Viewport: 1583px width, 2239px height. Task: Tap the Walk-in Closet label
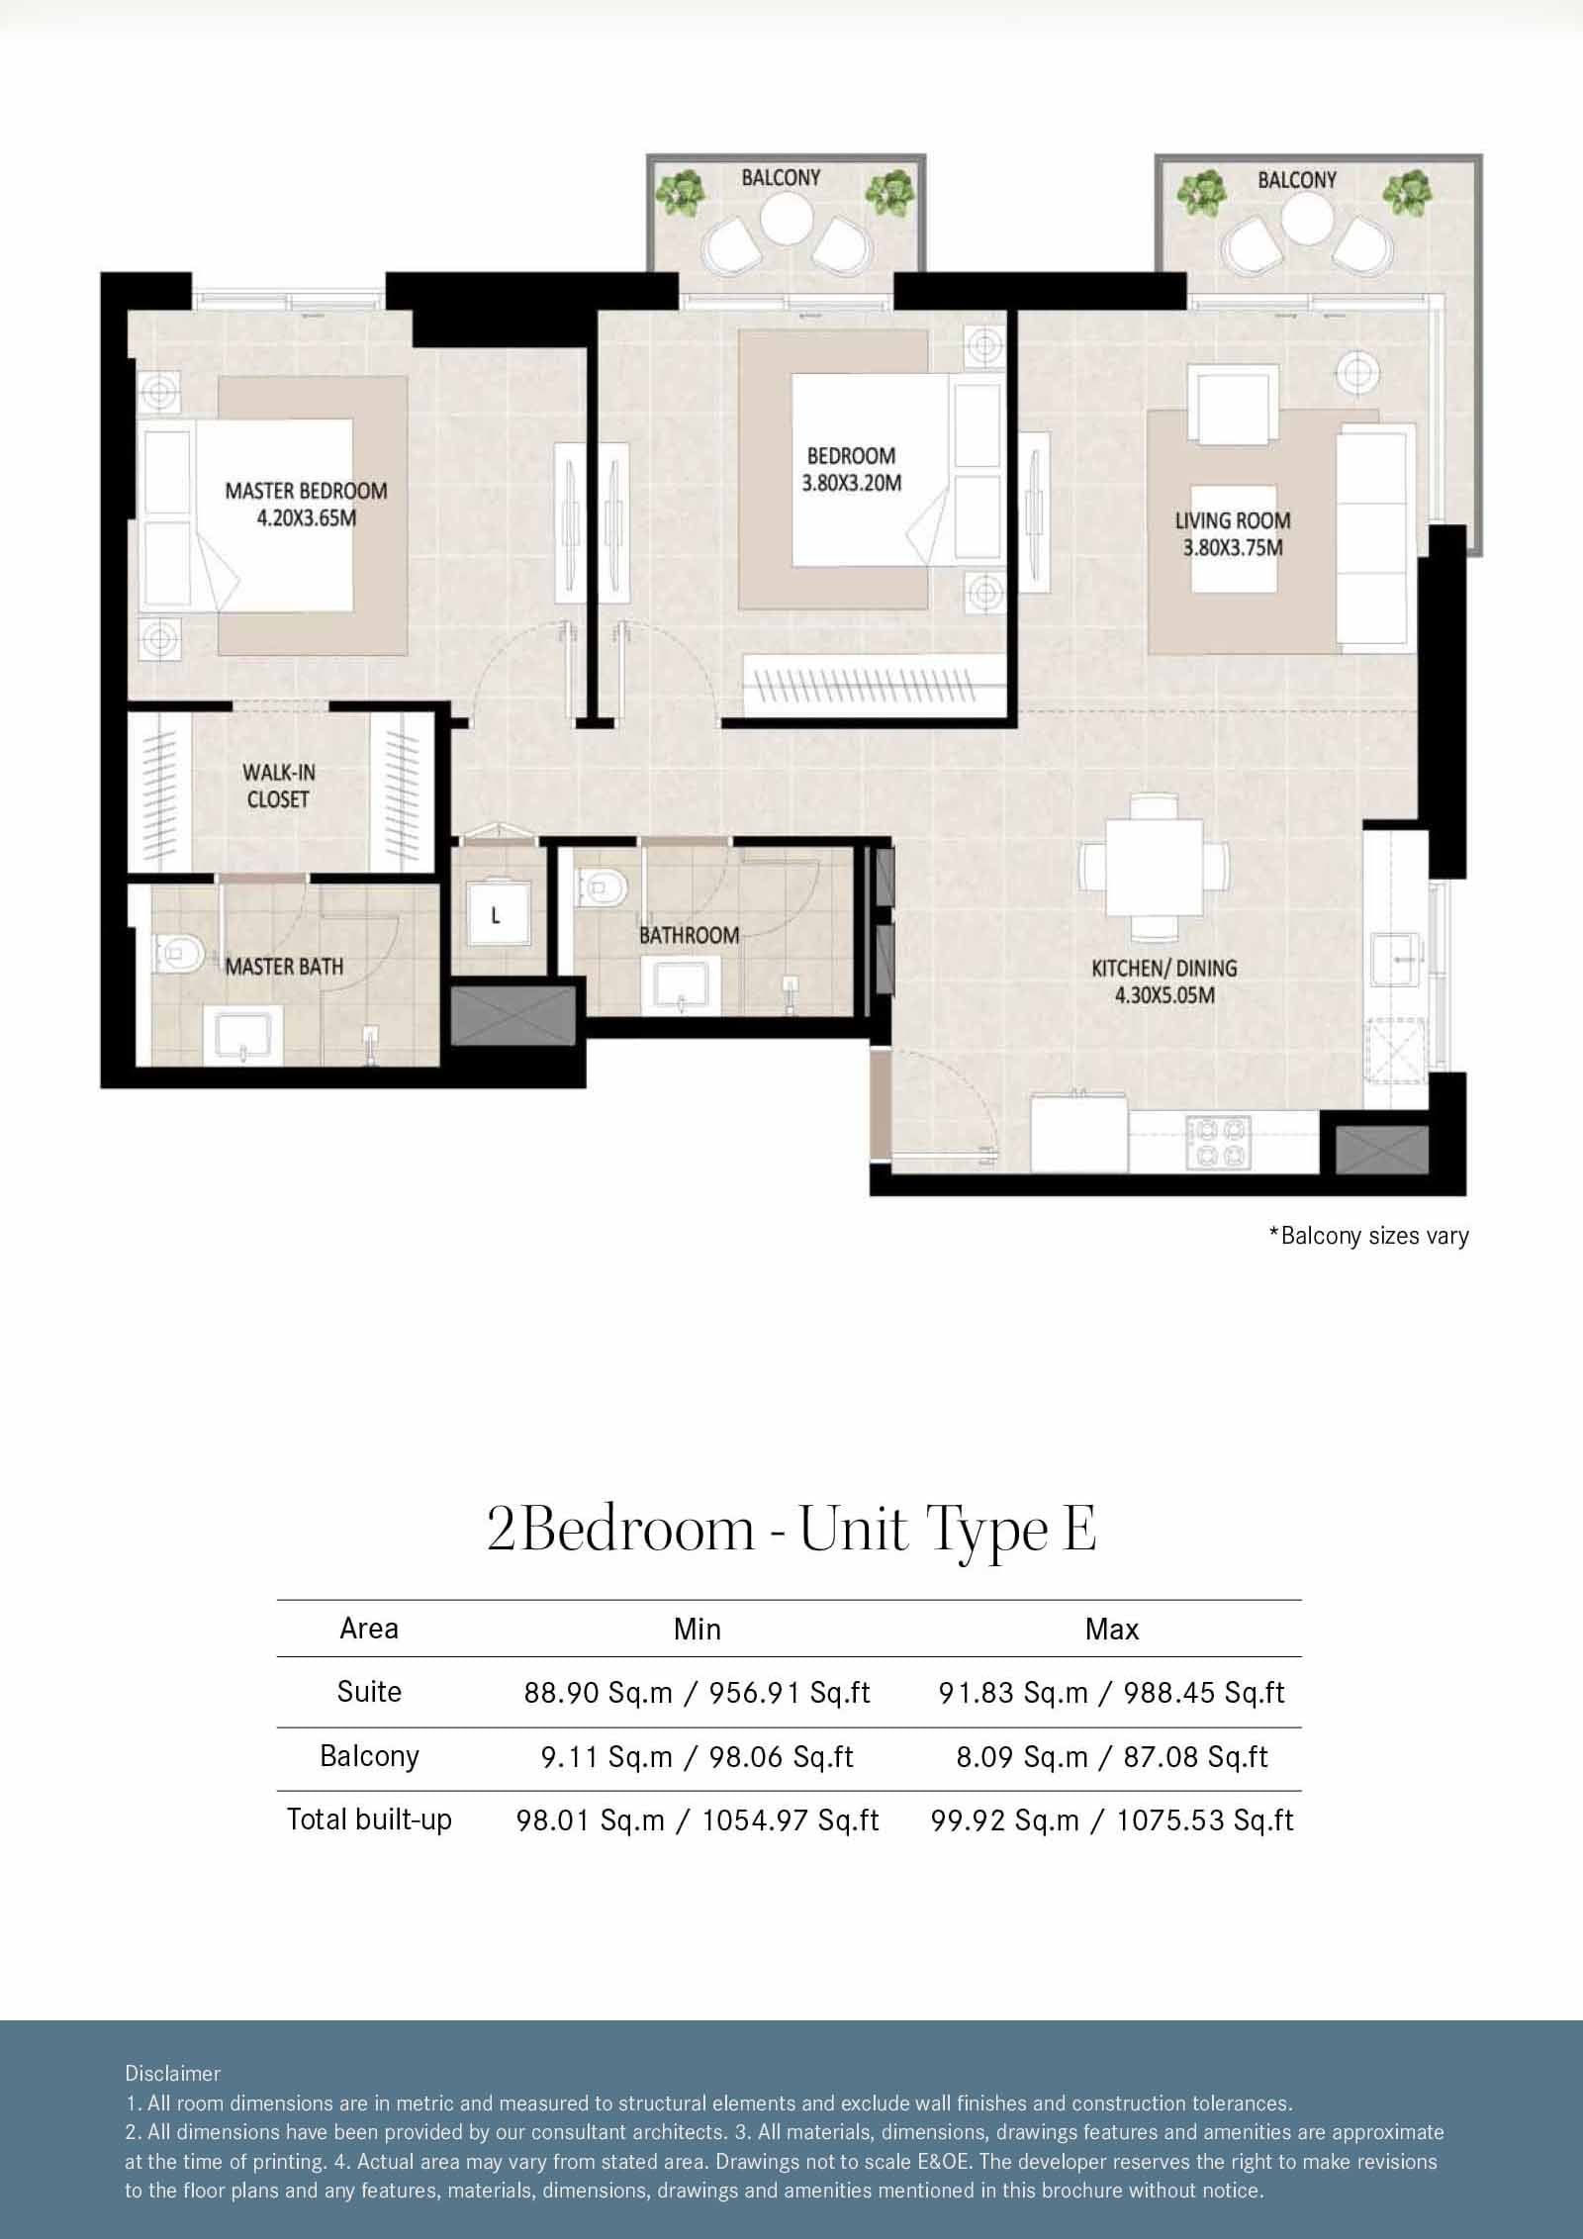click(278, 786)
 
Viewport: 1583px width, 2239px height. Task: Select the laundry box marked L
click(496, 915)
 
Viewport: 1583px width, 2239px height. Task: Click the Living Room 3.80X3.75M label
click(1233, 533)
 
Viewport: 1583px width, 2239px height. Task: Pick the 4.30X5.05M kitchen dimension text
click(1164, 995)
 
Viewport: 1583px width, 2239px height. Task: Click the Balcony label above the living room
click(1297, 180)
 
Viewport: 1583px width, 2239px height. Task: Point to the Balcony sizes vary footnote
click(1368, 1236)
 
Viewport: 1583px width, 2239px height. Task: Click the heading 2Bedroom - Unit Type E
click(791, 1531)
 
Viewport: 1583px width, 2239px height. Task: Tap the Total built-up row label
click(369, 1819)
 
